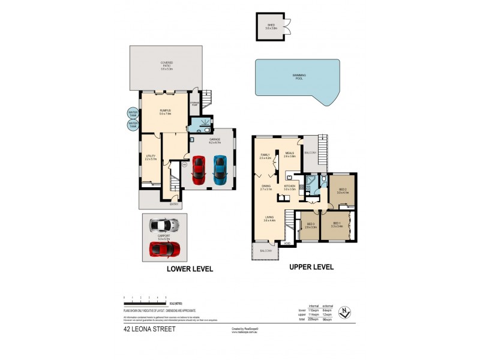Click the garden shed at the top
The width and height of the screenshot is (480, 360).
tap(269, 27)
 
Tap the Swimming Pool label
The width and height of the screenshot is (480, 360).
tap(299, 76)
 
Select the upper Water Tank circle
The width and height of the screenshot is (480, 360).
tap(133, 113)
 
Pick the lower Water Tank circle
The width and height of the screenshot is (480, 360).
tap(133, 125)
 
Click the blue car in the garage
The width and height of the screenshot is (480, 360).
tap(220, 170)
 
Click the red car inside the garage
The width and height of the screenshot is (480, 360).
tap(198, 170)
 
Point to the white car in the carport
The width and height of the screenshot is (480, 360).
tap(164, 225)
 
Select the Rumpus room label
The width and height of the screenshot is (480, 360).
tap(166, 112)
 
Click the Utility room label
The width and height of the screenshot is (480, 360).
tap(151, 158)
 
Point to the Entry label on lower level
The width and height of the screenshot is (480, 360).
tap(173, 205)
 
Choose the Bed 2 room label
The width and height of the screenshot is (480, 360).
tap(342, 191)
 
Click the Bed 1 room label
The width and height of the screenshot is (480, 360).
tap(337, 226)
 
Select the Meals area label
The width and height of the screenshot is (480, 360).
tap(290, 154)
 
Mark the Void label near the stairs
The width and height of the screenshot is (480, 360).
tap(287, 243)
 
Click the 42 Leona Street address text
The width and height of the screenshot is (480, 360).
tap(149, 329)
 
